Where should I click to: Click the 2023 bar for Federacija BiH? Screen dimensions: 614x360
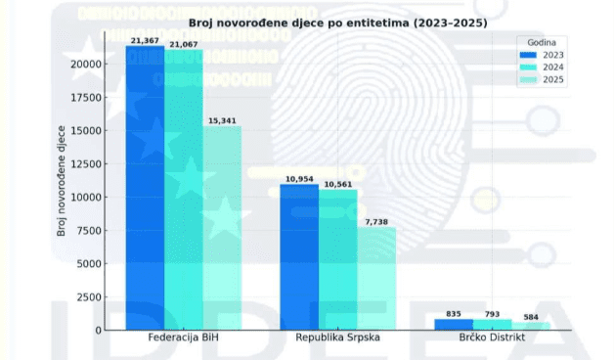(x=145, y=188)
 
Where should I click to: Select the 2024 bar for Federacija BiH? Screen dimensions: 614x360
(x=184, y=190)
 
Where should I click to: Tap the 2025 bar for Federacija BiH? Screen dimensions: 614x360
(x=222, y=228)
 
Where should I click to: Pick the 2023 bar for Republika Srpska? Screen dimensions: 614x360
(x=299, y=257)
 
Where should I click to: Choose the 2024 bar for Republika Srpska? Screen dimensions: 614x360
(x=338, y=259)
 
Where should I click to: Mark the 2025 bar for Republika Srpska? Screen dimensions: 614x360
(x=376, y=279)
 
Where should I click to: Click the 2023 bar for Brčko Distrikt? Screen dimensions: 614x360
(x=454, y=325)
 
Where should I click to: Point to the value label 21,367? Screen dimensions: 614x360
(x=145, y=41)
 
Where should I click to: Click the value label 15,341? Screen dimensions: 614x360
(x=222, y=121)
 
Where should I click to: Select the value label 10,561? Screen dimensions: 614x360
(x=338, y=185)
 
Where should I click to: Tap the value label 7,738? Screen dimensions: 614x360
(x=376, y=222)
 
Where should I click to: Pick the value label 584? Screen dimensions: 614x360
(x=531, y=317)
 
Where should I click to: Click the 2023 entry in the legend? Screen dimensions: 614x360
(x=542, y=55)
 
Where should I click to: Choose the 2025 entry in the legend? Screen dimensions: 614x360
(x=542, y=80)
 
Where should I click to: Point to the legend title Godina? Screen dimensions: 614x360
(x=542, y=43)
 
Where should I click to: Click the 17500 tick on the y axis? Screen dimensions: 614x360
(x=86, y=98)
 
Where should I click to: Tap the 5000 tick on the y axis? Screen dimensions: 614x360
(x=89, y=264)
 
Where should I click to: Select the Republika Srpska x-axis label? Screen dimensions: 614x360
(x=337, y=337)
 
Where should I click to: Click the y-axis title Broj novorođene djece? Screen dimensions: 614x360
(x=61, y=181)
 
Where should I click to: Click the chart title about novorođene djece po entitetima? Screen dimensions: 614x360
(x=338, y=23)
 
